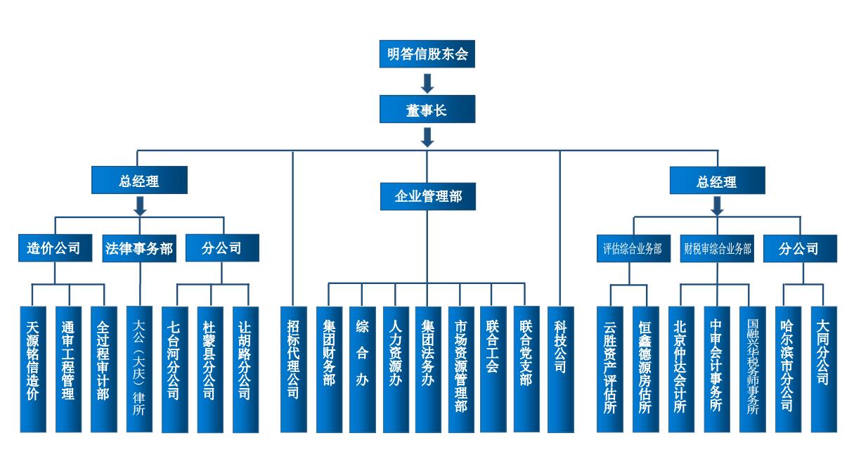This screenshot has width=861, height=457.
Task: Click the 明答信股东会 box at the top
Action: pos(427,54)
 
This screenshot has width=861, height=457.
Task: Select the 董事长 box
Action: pos(427,110)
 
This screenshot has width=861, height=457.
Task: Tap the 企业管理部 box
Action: pos(427,196)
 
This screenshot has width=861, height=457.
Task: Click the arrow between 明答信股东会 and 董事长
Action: pos(427,83)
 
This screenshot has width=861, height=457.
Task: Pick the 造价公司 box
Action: pos(53,248)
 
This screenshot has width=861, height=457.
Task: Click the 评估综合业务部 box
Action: pos(632,249)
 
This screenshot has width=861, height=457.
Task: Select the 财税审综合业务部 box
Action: pos(717,249)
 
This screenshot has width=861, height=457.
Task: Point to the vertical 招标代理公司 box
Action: pos(294,368)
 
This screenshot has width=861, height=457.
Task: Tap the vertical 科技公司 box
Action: pos(560,368)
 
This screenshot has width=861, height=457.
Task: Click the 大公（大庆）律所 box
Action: pos(138,368)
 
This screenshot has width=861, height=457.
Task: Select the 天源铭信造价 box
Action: pos(32,368)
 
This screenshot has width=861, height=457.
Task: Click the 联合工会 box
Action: pos(493,368)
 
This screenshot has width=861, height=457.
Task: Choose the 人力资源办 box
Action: pos(396,368)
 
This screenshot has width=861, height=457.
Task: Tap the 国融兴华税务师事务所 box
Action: pos(753,368)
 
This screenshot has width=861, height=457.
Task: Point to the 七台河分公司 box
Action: pos(174,368)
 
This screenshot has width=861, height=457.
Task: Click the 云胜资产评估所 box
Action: pos(609,368)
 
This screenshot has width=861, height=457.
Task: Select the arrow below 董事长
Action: pos(427,136)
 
